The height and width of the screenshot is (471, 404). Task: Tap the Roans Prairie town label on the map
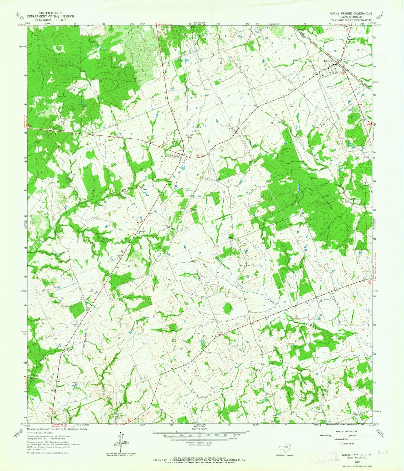[171, 156]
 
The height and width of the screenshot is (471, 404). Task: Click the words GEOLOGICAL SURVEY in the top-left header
[51, 20]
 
